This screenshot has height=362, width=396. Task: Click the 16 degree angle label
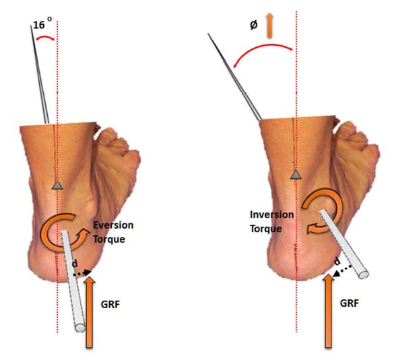coord(42,24)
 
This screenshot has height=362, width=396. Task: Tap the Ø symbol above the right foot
coord(254,25)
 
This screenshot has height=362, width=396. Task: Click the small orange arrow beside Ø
coord(269,26)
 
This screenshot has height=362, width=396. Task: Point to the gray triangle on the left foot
coord(57,186)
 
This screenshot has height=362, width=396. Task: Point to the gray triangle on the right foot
coord(296,174)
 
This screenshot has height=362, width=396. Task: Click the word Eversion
coord(113,225)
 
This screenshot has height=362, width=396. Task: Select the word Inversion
coord(272,215)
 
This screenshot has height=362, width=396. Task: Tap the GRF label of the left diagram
coord(110,305)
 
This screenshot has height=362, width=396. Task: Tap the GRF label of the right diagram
coord(350,303)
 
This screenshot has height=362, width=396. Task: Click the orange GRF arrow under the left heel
coord(90,312)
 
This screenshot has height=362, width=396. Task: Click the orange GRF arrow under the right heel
coord(329,312)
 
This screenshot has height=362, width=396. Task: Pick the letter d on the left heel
coord(75,264)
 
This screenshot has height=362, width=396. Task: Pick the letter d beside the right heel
coord(337,262)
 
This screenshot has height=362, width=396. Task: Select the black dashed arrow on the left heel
coord(82,273)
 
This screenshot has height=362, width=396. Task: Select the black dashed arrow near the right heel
coord(342,271)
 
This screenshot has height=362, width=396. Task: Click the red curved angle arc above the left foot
coord(45,37)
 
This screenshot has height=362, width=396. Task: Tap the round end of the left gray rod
coord(80,328)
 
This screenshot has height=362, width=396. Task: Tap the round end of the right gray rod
coord(363,275)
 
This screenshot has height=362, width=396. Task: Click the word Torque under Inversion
coord(265,229)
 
